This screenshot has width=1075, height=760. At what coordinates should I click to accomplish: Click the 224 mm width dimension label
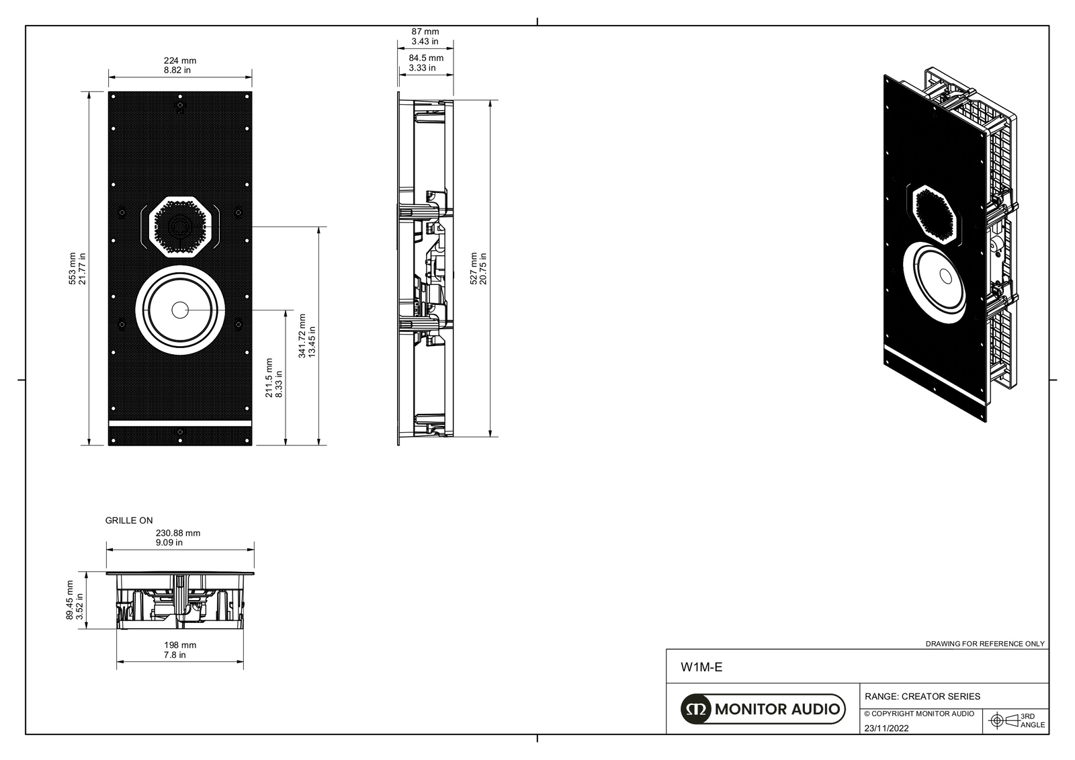coord(180,65)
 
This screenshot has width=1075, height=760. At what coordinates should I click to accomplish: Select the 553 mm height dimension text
coord(77,268)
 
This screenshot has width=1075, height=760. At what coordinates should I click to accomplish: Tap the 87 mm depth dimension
coord(425,36)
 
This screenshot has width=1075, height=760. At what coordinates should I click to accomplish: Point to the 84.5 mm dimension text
coord(426,63)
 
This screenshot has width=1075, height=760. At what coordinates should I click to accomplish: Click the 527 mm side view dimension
coord(478,269)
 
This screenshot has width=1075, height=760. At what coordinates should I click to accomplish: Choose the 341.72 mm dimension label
coord(307,335)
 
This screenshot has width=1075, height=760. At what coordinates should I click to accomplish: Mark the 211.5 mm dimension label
coord(274,378)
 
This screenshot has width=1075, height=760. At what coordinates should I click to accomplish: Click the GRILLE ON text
coord(128,520)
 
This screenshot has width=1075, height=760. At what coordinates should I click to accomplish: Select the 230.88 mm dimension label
coord(177,538)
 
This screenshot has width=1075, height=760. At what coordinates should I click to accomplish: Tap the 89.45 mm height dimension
coord(75,600)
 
